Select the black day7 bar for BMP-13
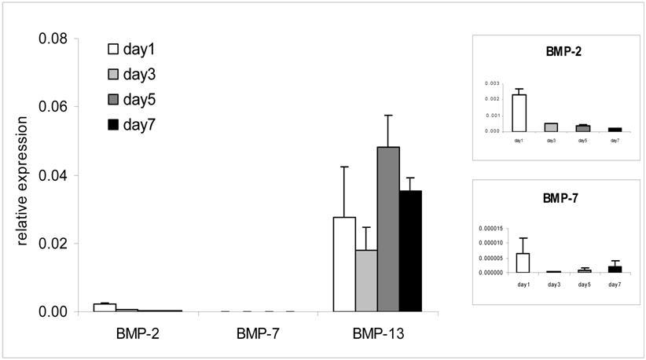pyautogui.click(x=410, y=251)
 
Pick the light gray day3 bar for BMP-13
pyautogui.click(x=366, y=281)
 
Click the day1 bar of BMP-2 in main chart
pyautogui.click(x=105, y=307)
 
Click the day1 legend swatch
pyautogui.click(x=113, y=50)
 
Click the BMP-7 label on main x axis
pyautogui.click(x=256, y=333)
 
